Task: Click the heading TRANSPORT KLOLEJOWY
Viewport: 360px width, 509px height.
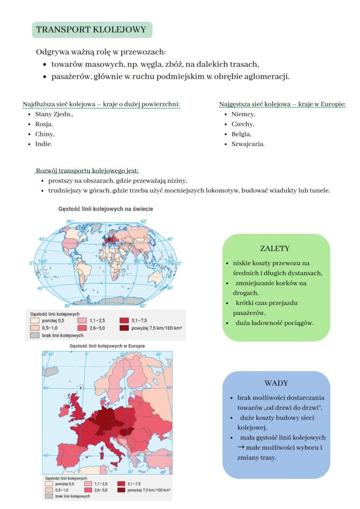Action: coord(92,30)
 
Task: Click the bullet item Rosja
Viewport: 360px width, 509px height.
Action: coord(44,124)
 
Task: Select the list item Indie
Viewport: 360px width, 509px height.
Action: coord(43,144)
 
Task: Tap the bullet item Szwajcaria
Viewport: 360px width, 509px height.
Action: coord(248,144)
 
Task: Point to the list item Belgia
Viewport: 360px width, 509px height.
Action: coord(241,134)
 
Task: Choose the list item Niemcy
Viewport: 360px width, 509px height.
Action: coord(243,114)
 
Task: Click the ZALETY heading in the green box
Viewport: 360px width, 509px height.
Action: coord(275,249)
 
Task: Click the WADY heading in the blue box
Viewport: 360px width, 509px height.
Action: coord(276,383)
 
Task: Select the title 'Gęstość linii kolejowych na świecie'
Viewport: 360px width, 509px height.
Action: coord(106,209)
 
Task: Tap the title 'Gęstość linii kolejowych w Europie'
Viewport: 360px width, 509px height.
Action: coord(107,346)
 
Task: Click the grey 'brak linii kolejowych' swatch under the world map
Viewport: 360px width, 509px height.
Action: coord(35,336)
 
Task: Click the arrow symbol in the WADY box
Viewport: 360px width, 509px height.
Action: coord(241,448)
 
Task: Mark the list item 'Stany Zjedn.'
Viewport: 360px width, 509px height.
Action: coord(54,114)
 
